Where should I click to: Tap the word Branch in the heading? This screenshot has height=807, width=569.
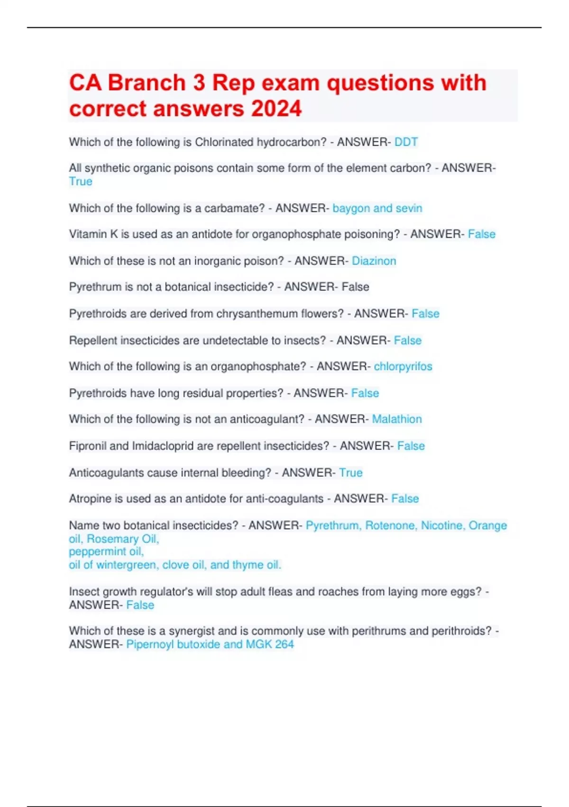coord(147,83)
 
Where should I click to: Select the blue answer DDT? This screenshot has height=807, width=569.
coord(406,142)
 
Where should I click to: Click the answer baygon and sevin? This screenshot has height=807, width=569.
coord(377,208)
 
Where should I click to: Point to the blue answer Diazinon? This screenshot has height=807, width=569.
coord(374,261)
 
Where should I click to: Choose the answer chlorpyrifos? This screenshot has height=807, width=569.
coord(403,366)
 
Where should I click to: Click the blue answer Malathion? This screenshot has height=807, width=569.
coord(397,419)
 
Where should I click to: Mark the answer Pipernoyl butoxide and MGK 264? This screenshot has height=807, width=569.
coord(210,644)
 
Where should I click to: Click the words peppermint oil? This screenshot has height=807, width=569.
coord(106,552)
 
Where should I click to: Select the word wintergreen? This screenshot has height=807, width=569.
coord(126,565)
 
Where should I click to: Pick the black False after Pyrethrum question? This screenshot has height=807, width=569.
coord(355,287)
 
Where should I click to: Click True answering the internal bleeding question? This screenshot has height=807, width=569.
coord(350,473)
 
